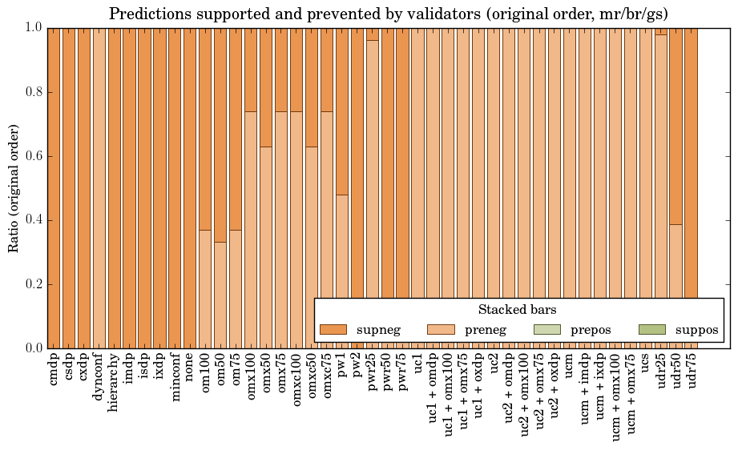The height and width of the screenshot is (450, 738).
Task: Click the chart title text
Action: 389,14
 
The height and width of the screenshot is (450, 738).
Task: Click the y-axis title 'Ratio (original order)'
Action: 14,188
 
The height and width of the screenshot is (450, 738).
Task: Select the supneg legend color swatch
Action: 333,329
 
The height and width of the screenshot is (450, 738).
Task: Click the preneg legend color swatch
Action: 440,329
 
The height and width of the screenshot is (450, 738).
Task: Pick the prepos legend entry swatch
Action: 546,329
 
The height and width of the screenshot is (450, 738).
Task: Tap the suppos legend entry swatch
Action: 652,329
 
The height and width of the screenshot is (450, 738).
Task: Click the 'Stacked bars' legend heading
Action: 517,310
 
